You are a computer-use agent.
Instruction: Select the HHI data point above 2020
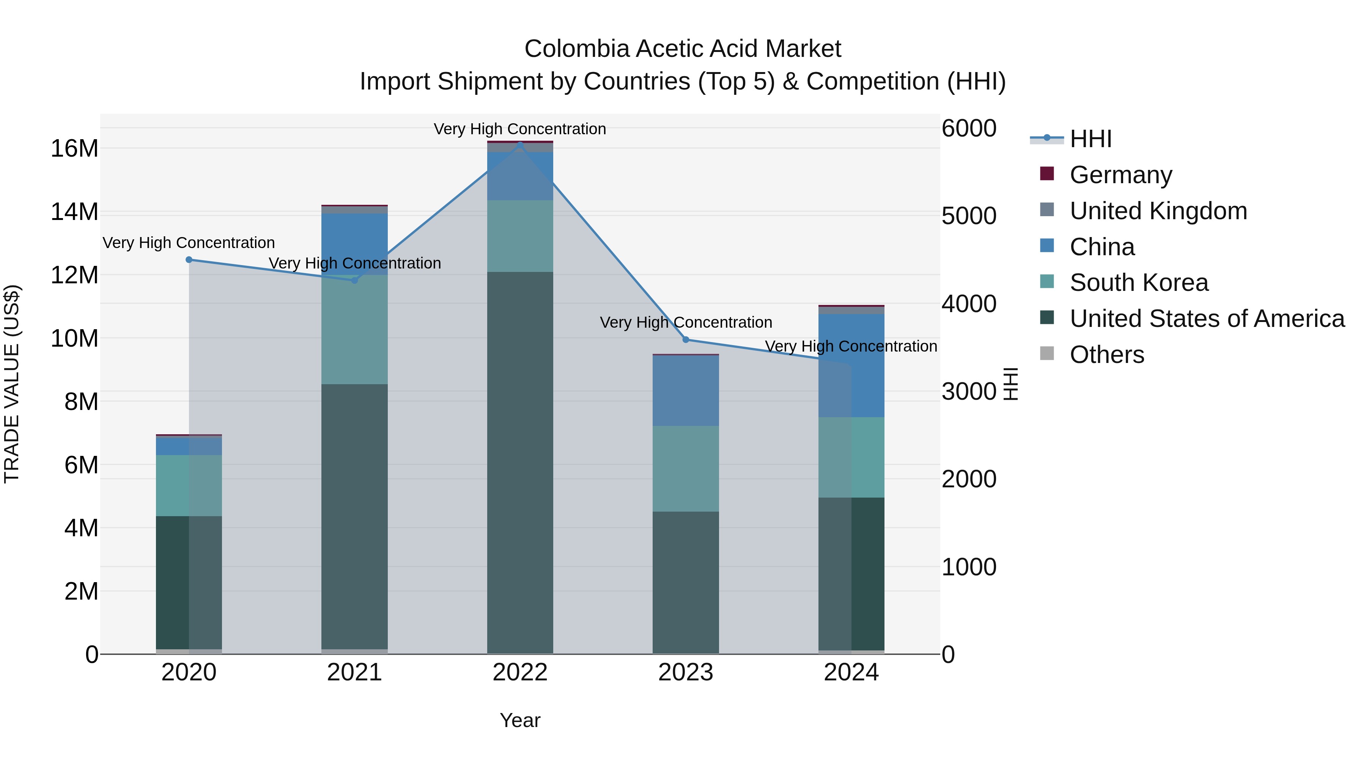click(189, 260)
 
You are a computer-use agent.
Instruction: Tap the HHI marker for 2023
click(686, 340)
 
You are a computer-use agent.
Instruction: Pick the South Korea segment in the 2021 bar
click(354, 330)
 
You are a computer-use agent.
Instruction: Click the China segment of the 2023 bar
click(686, 391)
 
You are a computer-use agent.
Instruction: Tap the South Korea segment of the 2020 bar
click(189, 485)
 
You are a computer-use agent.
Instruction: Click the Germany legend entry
click(1120, 175)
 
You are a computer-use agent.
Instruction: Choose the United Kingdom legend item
click(1158, 211)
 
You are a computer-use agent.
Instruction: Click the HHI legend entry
click(1090, 139)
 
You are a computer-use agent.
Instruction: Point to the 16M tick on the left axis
click(74, 148)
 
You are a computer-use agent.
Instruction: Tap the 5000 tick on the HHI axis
click(969, 216)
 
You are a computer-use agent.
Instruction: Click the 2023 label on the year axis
click(686, 672)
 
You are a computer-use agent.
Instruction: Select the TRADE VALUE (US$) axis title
click(12, 384)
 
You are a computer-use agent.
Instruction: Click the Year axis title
click(520, 720)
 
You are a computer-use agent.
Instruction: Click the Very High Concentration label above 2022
click(520, 129)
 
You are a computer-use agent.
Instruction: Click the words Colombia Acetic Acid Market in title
click(683, 49)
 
